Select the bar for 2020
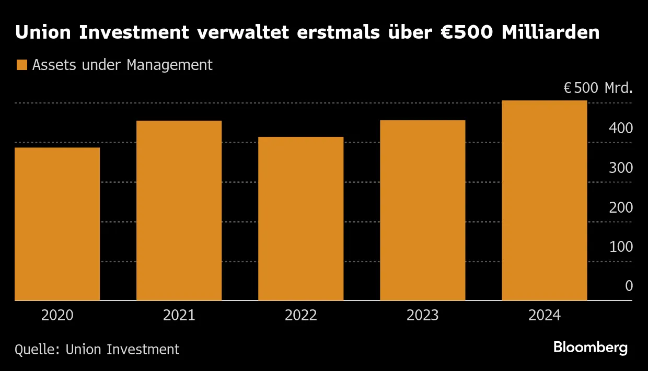coord(57,224)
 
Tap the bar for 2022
coord(300,219)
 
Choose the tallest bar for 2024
coord(544,201)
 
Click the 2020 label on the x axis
coord(57,316)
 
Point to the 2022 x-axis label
coord(300,316)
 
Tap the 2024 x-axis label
coord(544,316)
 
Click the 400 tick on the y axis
coord(621,129)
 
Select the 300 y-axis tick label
coord(621,168)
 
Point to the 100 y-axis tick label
coord(621,247)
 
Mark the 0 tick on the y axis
coord(629,286)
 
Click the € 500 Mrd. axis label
coord(598,88)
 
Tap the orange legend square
coord(21,65)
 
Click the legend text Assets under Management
coord(122,65)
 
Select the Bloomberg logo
coord(590,347)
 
